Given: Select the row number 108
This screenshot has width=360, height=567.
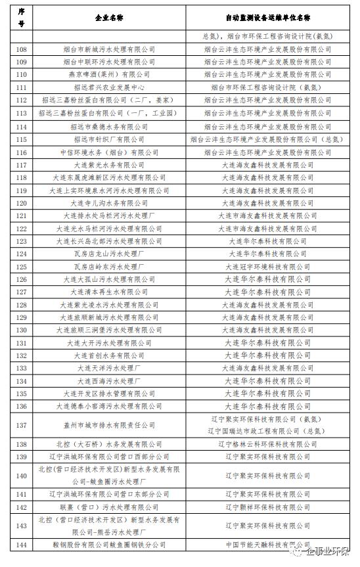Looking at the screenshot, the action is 21,49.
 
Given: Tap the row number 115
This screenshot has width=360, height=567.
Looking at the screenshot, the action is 21,139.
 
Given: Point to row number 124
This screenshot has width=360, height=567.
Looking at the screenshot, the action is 21,254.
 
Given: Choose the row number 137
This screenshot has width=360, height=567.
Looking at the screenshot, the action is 21,425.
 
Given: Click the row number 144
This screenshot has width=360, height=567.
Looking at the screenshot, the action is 21,545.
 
